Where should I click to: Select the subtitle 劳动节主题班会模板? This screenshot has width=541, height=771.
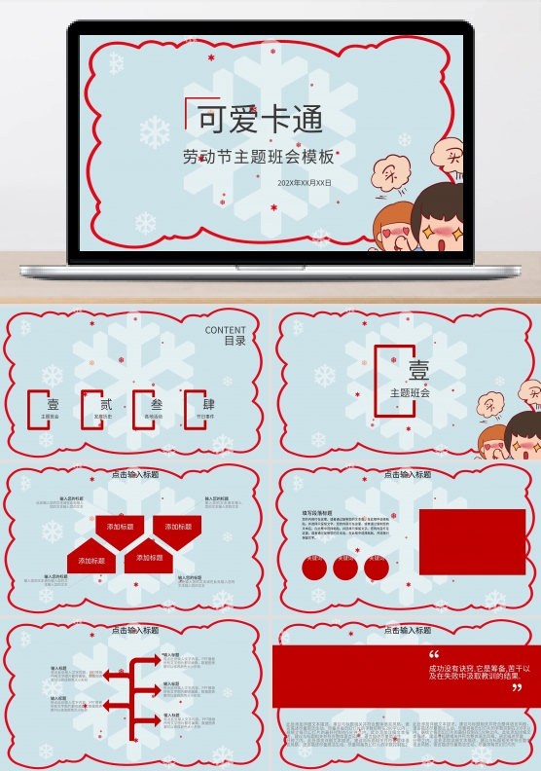coord(258,156)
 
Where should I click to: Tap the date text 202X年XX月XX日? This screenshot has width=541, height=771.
coord(304,182)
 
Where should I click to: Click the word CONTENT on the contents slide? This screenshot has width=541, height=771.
coord(226,331)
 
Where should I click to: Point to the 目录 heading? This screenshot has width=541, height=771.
coord(234,342)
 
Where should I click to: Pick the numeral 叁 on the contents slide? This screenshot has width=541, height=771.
coord(156,404)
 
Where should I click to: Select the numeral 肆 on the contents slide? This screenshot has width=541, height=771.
coord(208,404)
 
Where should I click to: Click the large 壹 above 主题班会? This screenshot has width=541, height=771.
coord(417,371)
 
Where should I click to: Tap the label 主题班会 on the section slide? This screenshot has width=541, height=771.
coord(410,393)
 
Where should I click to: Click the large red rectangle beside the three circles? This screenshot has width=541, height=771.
coord(472,541)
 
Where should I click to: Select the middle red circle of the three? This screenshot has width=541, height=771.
coord(345,568)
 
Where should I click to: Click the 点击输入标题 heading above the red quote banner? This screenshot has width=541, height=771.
coord(407,631)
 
